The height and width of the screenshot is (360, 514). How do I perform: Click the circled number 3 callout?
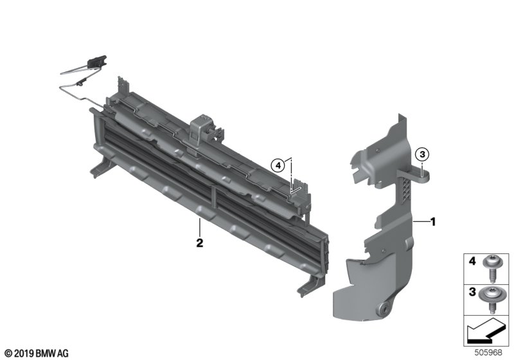pos(422,154)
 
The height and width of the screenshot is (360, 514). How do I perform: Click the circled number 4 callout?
pos(278,166)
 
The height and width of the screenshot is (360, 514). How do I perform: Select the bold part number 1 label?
pos(433,222)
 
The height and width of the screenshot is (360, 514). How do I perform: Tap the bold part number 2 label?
pos(200,243)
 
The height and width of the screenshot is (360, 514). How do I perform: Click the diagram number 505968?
pos(488,352)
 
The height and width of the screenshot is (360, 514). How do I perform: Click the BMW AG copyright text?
pos(37,354)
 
